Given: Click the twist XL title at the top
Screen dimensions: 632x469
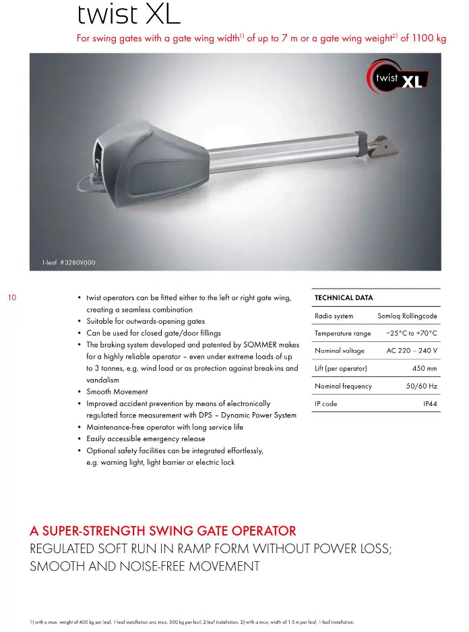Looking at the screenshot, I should [x=128, y=14].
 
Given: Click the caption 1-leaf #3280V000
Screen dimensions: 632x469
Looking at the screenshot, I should [x=69, y=262].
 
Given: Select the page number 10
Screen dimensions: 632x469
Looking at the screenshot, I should [x=11, y=297].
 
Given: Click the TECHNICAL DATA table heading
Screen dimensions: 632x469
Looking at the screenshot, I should [x=344, y=297].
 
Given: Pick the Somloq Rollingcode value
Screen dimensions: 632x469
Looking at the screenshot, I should [x=407, y=316].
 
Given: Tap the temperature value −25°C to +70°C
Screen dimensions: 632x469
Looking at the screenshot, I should [x=411, y=333].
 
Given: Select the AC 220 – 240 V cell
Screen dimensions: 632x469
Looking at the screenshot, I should [x=412, y=351].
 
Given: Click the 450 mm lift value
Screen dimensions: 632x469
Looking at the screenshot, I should [x=425, y=368].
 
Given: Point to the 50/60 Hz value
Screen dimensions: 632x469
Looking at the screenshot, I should [x=421, y=386].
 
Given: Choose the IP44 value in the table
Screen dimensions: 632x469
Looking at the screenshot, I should [x=430, y=403].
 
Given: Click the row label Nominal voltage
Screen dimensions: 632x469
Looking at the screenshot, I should [x=340, y=351].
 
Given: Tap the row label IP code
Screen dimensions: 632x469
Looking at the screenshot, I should [x=326, y=403].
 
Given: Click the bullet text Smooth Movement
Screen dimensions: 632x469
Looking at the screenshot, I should [x=117, y=392].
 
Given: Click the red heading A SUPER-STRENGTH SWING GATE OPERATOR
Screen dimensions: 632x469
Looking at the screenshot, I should [x=163, y=531].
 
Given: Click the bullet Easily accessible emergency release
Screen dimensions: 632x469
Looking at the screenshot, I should [x=146, y=439].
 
